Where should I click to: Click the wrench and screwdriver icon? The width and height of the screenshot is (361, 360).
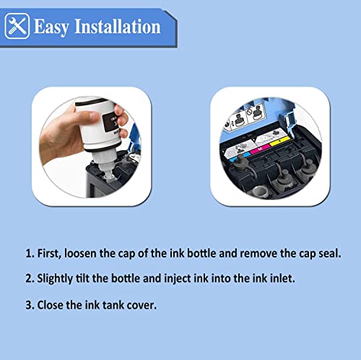(17, 27)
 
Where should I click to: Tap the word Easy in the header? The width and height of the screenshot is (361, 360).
(56, 27)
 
